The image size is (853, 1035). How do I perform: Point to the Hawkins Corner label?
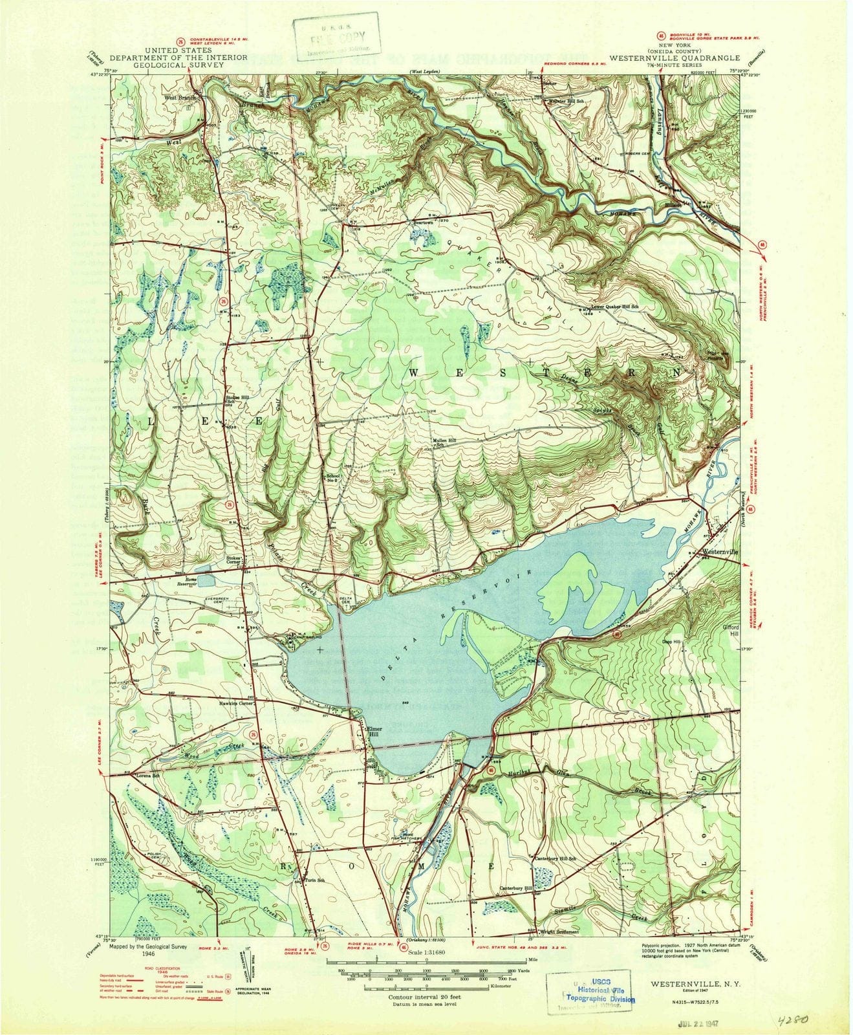237,703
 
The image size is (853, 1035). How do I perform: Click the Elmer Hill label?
376,729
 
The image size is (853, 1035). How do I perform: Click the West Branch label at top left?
179,98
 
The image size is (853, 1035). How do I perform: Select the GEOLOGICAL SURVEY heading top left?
178,65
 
